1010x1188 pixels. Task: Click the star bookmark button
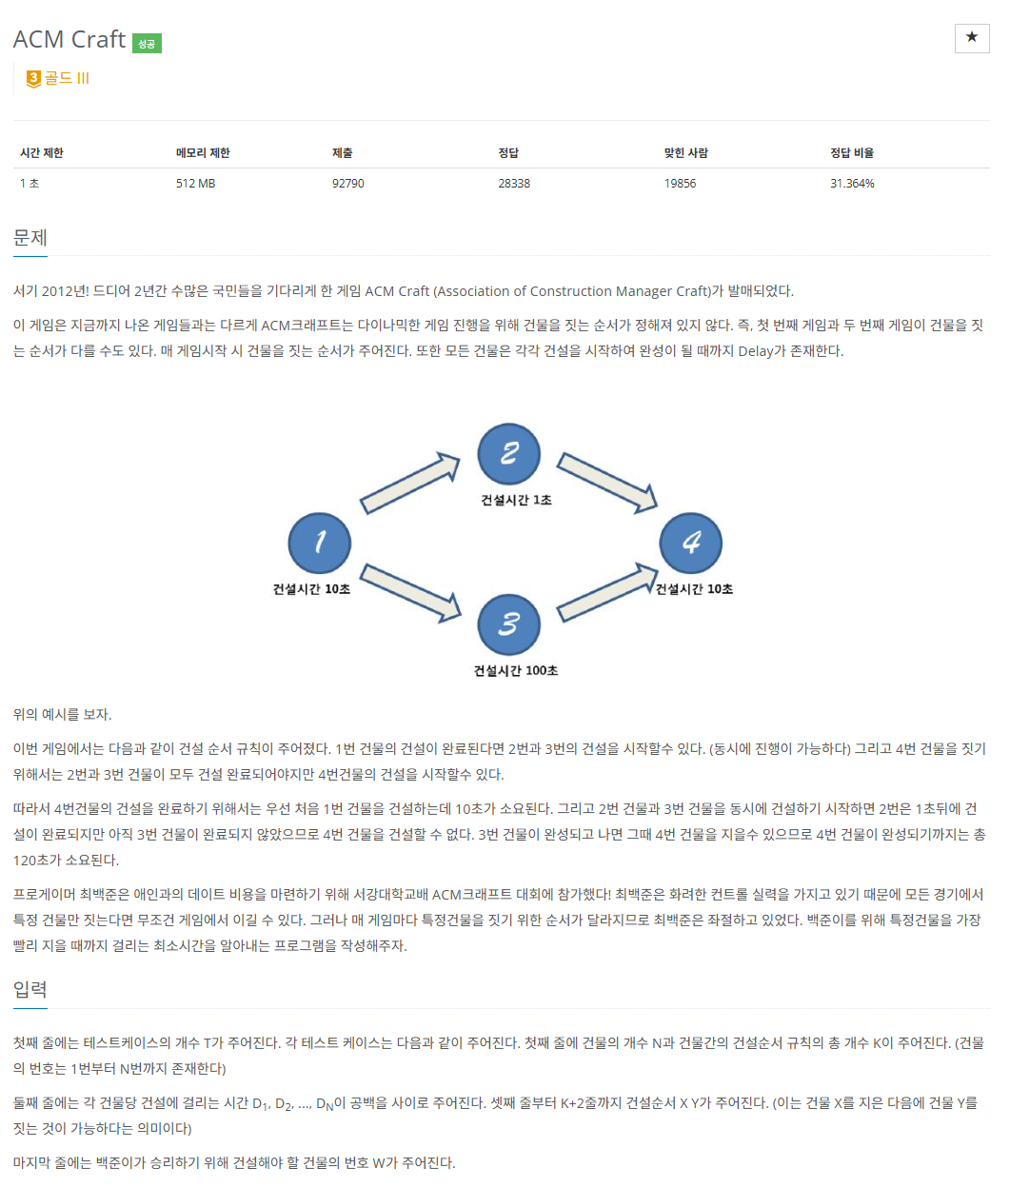[x=972, y=38]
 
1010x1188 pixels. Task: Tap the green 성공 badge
[x=147, y=43]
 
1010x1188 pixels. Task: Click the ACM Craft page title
[x=69, y=39]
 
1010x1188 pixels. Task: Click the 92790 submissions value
[x=347, y=183]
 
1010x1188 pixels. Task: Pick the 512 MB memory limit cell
[x=195, y=183]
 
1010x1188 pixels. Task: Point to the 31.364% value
[x=852, y=183]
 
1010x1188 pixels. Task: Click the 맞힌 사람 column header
[x=685, y=152]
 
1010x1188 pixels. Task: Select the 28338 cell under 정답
[x=514, y=183]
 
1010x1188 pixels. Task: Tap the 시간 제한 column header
[x=42, y=152]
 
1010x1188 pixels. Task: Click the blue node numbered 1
[x=320, y=543]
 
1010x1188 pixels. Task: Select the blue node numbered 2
[x=509, y=454]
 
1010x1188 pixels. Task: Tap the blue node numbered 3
[x=509, y=624]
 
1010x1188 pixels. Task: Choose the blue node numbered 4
[x=691, y=543]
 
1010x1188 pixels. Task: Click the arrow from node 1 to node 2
[x=410, y=483]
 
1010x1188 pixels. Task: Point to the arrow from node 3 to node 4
[x=607, y=592]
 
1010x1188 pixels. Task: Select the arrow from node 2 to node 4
[x=607, y=482]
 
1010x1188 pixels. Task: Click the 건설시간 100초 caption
[x=516, y=670]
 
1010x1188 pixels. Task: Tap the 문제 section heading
[x=30, y=238]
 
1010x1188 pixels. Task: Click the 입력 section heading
[x=30, y=989]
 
